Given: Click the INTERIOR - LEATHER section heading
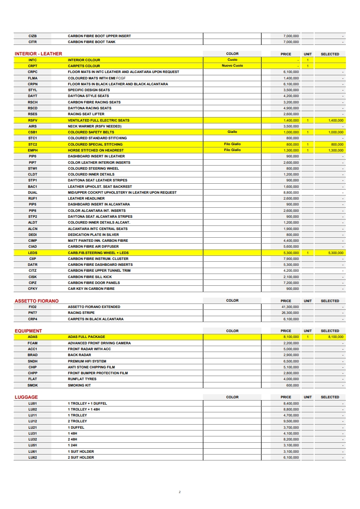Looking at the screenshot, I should pos(38,54).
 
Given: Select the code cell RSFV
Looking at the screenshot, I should pos(32,120).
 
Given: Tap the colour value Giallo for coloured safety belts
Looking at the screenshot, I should pos(232,132).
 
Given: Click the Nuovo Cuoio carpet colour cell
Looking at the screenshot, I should pos(232,66).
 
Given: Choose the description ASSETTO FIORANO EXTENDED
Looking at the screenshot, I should pos(94,307).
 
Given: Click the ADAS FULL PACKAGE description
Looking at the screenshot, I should pos(86,337).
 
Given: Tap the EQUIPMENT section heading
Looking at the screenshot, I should pos(28,331).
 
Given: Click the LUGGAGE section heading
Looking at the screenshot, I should pos(26,397).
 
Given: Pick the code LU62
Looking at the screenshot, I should pos(32,458).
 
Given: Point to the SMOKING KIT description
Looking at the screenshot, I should pos(79,385).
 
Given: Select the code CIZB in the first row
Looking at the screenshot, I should pos(32,36).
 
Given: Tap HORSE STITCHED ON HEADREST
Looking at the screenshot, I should pos(95,150).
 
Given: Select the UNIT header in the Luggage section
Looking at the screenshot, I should pos(308,397).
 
